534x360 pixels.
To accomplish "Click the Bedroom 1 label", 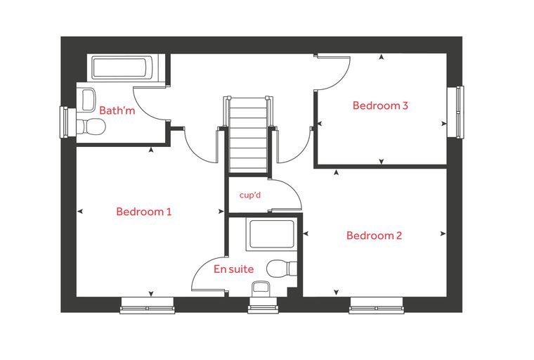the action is click(x=144, y=212).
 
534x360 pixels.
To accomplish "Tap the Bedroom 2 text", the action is click(x=374, y=236).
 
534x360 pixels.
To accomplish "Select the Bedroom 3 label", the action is click(x=380, y=105).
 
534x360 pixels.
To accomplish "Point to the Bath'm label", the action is click(x=117, y=110).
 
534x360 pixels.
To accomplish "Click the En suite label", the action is click(x=233, y=269).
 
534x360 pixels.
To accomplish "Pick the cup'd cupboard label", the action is click(x=250, y=195).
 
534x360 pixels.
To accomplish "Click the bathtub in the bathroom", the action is click(x=120, y=67).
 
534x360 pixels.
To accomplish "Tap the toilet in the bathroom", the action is click(x=91, y=127).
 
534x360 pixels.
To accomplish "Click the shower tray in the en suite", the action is click(x=271, y=234).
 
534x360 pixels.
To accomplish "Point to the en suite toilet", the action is click(x=281, y=269).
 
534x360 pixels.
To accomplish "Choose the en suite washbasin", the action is click(x=261, y=289).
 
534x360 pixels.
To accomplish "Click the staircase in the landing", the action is click(x=247, y=135).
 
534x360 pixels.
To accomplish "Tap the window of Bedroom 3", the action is click(x=456, y=112).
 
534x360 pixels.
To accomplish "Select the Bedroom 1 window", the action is click(x=148, y=305).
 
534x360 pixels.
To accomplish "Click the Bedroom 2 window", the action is click(x=377, y=305).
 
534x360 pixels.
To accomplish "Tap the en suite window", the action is click(x=263, y=305).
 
